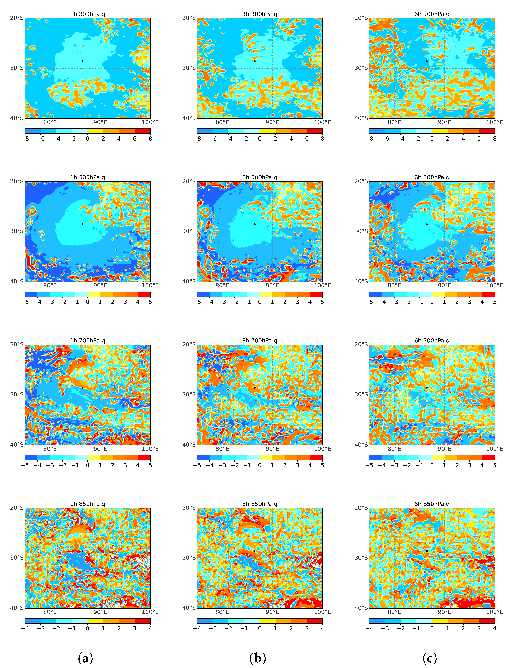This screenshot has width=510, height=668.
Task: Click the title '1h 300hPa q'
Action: [87, 14]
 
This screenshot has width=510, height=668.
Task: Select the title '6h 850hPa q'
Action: [432, 504]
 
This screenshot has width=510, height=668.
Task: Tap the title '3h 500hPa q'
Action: [260, 177]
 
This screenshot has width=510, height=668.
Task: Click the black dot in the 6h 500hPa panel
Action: [427, 224]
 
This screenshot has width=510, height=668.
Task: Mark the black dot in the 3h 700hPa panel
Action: [254, 388]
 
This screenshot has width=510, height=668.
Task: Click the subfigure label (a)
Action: [85, 658]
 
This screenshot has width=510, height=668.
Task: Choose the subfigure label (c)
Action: [430, 658]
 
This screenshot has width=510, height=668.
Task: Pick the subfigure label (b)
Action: [257, 658]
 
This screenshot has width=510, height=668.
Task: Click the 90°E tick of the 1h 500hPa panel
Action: [100, 286]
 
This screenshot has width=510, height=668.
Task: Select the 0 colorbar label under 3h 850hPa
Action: [260, 628]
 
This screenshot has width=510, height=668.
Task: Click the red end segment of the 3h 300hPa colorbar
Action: [314, 131]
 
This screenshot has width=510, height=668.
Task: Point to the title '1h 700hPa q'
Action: [87, 341]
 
